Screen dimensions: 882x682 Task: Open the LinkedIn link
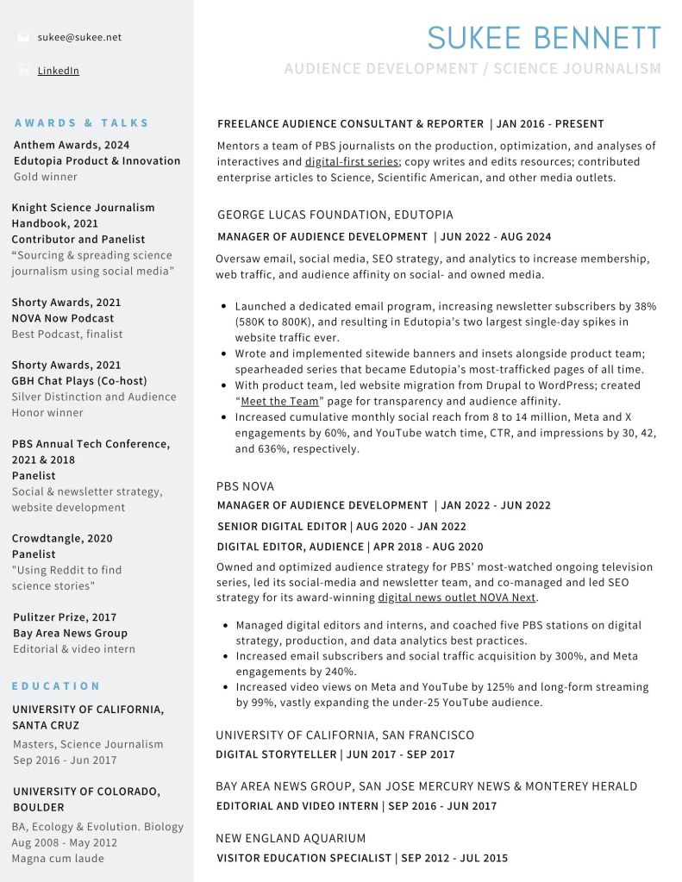pos(58,71)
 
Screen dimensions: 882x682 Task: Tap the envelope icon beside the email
pos(23,37)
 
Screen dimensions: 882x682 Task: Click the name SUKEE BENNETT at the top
pos(544,38)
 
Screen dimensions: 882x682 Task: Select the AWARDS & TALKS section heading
pos(82,123)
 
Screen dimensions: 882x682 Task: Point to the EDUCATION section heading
pos(57,686)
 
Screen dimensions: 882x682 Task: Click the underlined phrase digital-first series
pos(352,161)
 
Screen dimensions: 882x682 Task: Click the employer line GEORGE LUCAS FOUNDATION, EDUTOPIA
pos(335,215)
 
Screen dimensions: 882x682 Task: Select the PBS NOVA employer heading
pos(245,486)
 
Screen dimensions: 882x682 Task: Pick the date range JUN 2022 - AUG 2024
pos(496,236)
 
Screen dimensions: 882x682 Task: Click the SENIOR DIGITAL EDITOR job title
pos(280,526)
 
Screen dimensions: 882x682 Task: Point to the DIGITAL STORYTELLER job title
pos(276,754)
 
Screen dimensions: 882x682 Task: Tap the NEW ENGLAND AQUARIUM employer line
pos(291,838)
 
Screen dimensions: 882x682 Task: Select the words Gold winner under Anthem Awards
pos(46,177)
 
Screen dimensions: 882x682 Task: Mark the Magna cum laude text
pos(58,859)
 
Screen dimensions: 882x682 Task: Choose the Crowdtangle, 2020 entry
pos(62,538)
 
